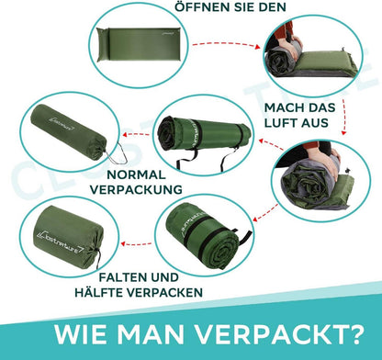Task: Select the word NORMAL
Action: click(x=136, y=174)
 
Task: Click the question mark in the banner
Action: click(x=355, y=334)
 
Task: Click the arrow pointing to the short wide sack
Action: click(x=136, y=244)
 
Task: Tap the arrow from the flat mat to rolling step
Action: click(x=227, y=44)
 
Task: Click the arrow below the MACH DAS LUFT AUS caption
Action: click(x=345, y=117)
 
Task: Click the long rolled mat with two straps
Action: click(x=205, y=135)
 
